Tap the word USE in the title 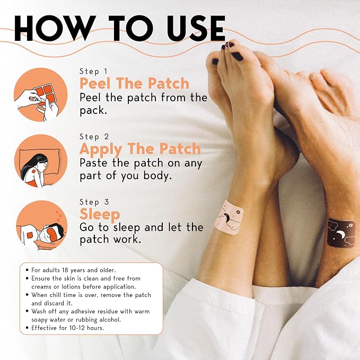[196, 29]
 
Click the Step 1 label [93, 72]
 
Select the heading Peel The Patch [134, 83]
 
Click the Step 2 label [94, 137]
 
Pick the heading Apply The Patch [141, 149]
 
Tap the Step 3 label [94, 202]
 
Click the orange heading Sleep [100, 214]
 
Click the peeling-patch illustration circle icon [40, 94]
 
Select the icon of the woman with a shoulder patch [40, 161]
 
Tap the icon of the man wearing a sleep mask [41, 226]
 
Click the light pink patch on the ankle [229, 218]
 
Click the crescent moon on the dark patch [339, 234]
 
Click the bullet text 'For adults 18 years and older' [74, 270]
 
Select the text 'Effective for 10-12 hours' [67, 328]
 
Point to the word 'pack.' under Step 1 [93, 111]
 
